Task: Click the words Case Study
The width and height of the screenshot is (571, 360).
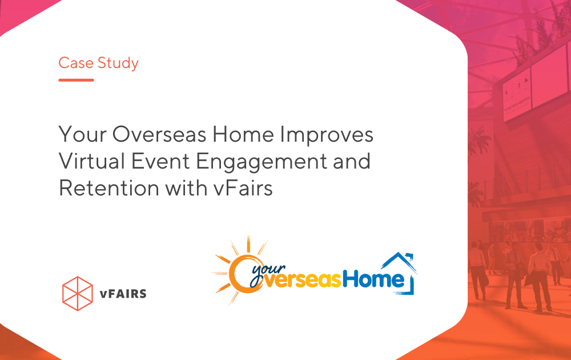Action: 98,63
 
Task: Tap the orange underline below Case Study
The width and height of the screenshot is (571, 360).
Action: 76,80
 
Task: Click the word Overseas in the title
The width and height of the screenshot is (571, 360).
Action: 159,134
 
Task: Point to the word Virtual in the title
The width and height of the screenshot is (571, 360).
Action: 92,161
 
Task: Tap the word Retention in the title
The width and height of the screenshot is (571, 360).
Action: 109,188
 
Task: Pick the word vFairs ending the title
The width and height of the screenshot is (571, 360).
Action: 243,188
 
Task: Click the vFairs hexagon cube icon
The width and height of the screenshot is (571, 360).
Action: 78,293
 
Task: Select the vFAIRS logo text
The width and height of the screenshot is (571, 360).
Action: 123,294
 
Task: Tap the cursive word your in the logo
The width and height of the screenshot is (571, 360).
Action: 268,271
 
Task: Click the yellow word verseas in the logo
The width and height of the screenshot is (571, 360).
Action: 301,280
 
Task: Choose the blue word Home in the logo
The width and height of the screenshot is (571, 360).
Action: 373,279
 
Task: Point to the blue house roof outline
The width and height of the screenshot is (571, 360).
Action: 399,262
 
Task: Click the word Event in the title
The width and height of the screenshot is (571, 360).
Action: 160,161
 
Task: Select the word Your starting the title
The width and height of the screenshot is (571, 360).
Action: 82,134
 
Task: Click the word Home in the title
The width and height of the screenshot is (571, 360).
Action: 243,134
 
